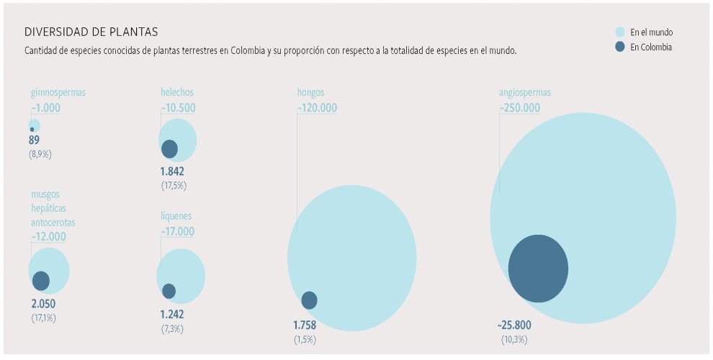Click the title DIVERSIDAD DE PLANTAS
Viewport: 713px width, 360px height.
91,32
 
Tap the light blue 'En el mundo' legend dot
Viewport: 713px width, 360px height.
620,32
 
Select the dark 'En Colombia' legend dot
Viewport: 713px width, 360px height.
620,48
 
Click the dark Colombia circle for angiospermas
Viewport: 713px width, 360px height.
538,269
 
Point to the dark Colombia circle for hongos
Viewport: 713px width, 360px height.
309,300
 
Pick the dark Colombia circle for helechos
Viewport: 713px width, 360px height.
169,149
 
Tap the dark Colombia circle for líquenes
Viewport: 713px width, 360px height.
169,291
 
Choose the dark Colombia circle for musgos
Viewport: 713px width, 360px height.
41,281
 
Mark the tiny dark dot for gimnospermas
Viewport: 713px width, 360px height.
32,130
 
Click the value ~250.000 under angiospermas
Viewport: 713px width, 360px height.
519,108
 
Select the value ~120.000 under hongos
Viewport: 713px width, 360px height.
317,108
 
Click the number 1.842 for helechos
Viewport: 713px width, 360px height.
173,171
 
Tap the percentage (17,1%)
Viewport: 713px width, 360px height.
43,318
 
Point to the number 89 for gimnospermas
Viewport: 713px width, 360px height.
35,140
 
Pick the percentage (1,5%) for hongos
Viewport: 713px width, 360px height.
305,339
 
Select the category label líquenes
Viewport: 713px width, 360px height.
176,216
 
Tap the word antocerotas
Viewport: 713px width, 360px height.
53,222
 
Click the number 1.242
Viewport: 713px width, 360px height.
172,314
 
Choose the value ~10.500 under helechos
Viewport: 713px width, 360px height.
178,108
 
